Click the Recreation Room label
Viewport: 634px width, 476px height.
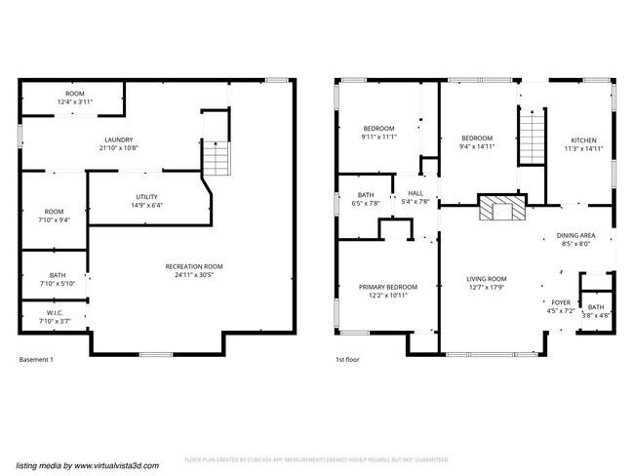pyautogui.click(x=194, y=266)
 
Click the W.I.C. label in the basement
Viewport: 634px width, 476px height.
pyautogui.click(x=54, y=312)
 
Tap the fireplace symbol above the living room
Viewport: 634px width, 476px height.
pyautogui.click(x=500, y=210)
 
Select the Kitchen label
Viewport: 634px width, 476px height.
pyautogui.click(x=583, y=140)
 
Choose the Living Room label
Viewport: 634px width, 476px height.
pyautogui.click(x=487, y=279)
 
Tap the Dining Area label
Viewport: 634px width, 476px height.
pyautogui.click(x=575, y=235)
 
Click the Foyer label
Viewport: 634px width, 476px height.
pyautogui.click(x=561, y=302)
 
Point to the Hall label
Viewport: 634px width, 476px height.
pyautogui.click(x=416, y=193)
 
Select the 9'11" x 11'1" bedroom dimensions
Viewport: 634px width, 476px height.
pyautogui.click(x=378, y=138)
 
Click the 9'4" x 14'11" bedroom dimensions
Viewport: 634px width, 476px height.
pyautogui.click(x=477, y=147)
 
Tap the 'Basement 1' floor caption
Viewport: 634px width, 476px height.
pyautogui.click(x=36, y=360)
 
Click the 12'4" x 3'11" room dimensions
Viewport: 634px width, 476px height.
pyautogui.click(x=72, y=101)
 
